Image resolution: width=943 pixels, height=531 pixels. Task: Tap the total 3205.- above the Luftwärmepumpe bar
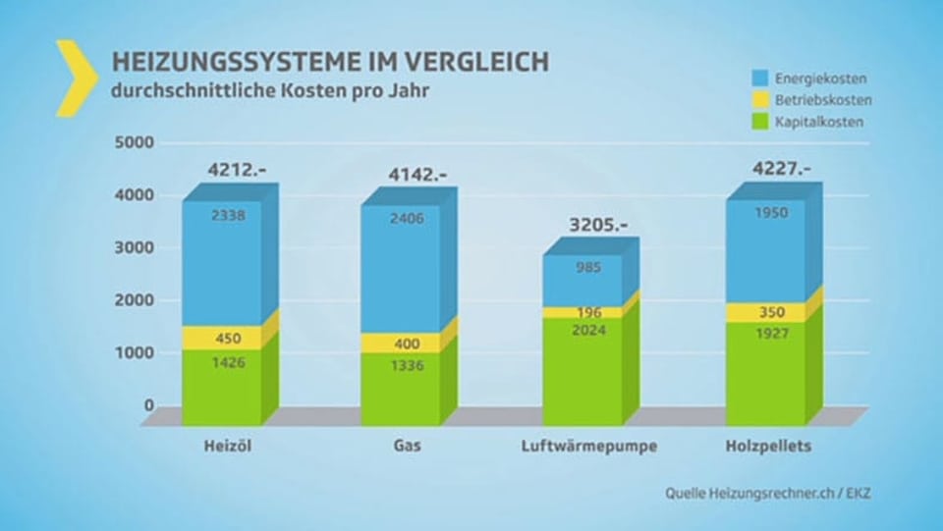(x=599, y=225)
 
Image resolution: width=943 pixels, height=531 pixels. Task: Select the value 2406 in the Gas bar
(x=407, y=219)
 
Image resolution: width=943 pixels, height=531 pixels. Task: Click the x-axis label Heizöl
(x=222, y=446)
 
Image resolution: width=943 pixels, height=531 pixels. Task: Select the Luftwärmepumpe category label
(x=588, y=447)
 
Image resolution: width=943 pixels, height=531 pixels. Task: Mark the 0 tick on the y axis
(x=149, y=404)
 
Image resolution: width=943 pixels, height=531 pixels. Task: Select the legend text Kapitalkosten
(x=819, y=123)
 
